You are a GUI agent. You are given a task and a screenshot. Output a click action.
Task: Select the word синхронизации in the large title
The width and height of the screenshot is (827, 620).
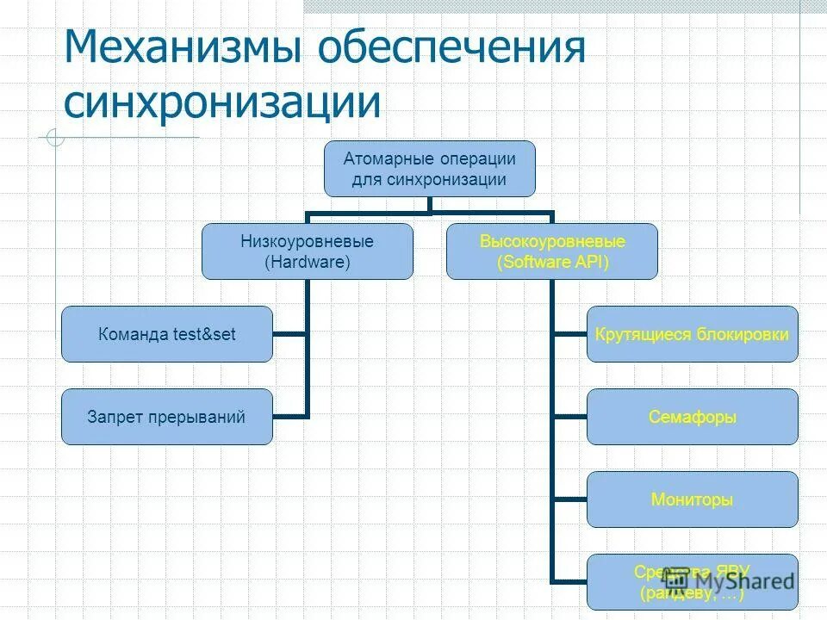(222, 102)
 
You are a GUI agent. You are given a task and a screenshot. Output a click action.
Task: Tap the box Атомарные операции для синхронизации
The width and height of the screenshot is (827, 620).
(429, 169)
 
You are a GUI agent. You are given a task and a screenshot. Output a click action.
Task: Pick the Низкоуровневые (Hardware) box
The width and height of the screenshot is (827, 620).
(308, 251)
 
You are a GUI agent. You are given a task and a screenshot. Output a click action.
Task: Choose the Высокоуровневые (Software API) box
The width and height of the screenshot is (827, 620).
(552, 251)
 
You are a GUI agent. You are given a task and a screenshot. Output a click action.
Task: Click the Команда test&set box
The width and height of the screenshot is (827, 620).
(167, 334)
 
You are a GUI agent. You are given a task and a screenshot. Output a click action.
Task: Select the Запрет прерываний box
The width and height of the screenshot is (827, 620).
(167, 417)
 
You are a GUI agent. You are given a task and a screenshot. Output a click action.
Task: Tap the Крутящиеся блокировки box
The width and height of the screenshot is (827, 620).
(693, 334)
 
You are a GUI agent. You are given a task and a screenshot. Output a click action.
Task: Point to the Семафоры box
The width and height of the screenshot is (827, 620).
(693, 417)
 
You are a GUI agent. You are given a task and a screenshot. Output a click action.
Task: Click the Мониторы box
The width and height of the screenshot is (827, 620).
(693, 499)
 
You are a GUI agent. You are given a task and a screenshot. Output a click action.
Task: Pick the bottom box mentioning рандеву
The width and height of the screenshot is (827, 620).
(693, 582)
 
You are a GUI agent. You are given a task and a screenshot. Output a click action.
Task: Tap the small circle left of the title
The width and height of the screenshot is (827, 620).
(55, 137)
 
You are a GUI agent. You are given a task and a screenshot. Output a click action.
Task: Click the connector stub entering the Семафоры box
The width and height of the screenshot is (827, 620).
(570, 417)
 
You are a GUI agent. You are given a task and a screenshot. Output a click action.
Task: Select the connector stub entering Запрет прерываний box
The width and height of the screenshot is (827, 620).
(290, 417)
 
